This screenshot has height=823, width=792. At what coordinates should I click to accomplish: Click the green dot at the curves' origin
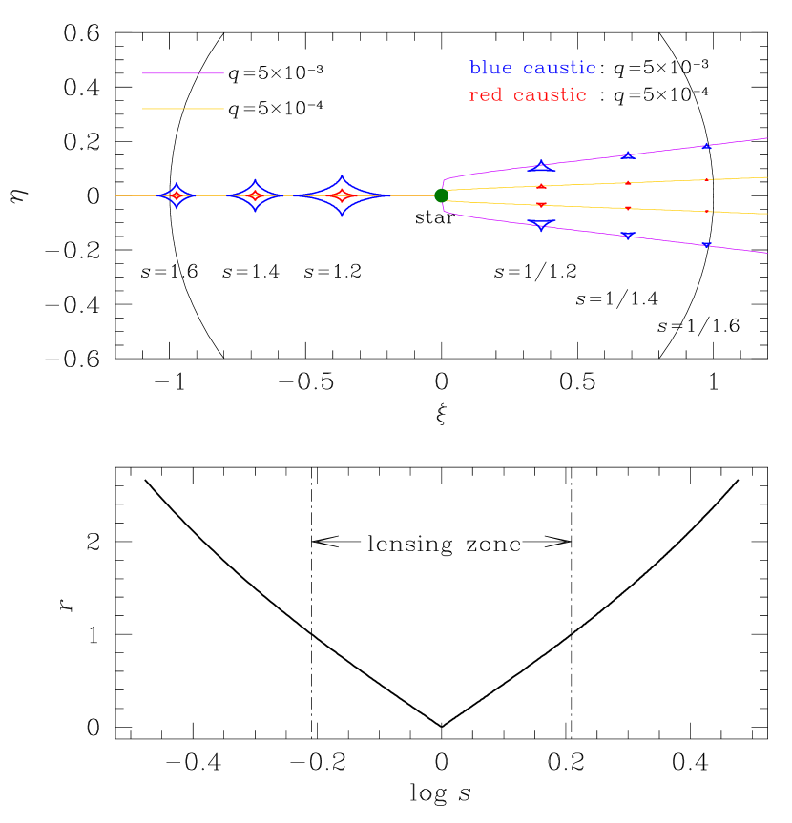point(441,195)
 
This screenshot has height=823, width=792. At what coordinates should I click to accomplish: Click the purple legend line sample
point(183,72)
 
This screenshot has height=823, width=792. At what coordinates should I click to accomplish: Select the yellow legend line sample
point(183,109)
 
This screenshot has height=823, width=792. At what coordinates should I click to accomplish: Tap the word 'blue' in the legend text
point(490,69)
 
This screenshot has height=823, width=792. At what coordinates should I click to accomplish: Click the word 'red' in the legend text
point(486,95)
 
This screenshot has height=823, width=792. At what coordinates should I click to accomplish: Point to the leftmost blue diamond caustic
point(177,195)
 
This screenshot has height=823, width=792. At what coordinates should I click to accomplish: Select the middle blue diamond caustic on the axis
point(255,195)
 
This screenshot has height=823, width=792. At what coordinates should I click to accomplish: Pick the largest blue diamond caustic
point(343,195)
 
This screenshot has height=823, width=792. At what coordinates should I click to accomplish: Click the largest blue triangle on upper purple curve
point(541,167)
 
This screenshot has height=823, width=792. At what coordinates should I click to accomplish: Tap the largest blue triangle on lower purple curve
point(541,225)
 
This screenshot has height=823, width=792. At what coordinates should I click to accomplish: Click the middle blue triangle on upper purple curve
point(628,155)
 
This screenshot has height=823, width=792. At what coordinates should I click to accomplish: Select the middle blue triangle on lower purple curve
point(628,236)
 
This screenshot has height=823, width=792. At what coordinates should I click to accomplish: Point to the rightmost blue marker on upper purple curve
point(707,146)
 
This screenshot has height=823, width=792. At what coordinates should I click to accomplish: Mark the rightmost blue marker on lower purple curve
point(707,245)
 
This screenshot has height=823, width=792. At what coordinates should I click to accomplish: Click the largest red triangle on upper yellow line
point(541,186)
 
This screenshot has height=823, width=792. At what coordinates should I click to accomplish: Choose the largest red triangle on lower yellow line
point(541,205)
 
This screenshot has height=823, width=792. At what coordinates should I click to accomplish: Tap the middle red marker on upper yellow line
point(628,182)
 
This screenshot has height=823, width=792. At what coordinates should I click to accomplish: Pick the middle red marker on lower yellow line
point(628,208)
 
